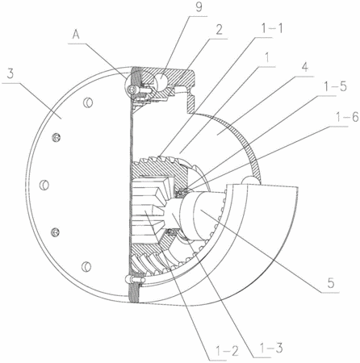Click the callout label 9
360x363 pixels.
199,7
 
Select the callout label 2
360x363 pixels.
219,30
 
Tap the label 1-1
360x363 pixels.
272,28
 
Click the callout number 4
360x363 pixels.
304,68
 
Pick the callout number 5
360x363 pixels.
331,283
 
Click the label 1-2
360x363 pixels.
228,351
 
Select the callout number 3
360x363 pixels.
10,74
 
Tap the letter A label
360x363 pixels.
76,35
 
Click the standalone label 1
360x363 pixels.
266,57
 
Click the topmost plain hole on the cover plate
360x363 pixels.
88,102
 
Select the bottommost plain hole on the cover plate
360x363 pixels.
86,266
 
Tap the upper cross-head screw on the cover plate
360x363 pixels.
57,138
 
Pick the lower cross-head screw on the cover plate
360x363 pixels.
55,232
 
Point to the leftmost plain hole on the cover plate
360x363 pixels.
44,185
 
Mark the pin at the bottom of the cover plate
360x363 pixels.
134,280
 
